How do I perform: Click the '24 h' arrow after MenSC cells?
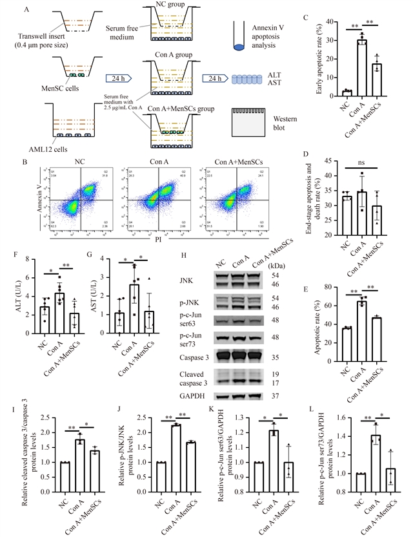tap(118, 79)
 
